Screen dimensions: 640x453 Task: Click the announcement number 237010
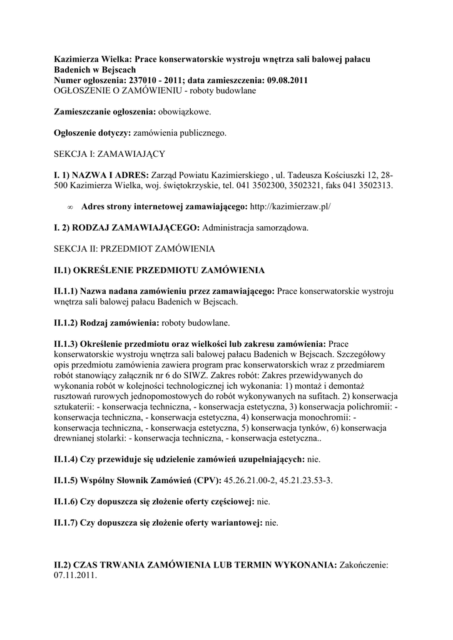145,81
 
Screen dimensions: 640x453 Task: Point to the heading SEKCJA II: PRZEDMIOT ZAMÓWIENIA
134,249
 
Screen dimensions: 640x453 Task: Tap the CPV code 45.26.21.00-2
252,480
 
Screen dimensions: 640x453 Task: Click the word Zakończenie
365,565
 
